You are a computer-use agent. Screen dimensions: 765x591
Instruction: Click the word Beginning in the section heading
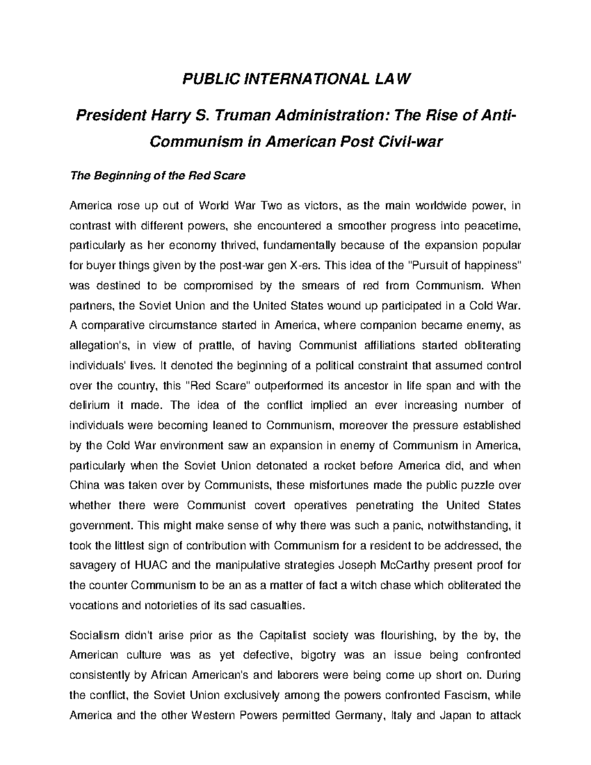coord(115,175)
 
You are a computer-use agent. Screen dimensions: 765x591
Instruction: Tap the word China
coord(84,486)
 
